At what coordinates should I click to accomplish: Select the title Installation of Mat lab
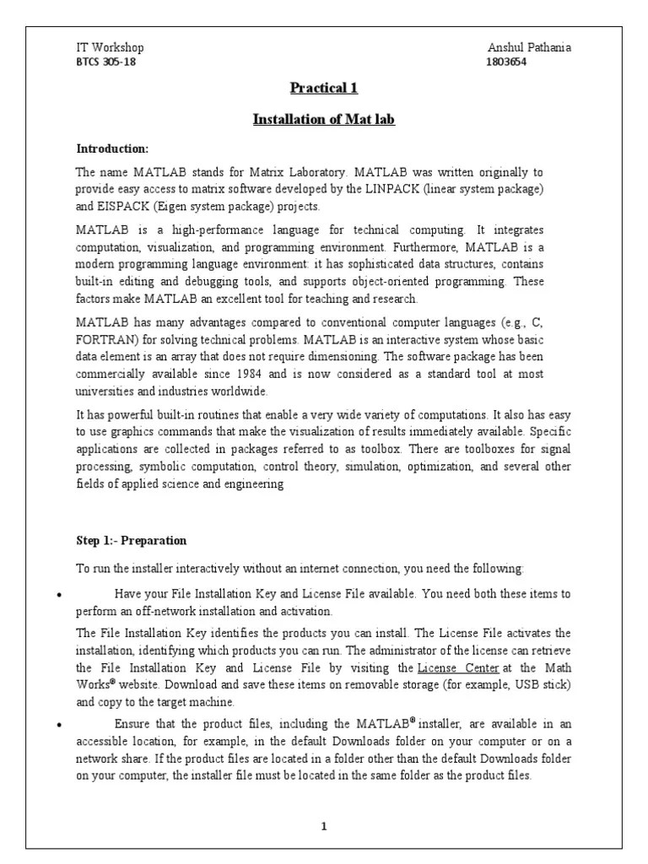[x=324, y=120]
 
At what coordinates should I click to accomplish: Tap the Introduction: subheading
[x=112, y=149]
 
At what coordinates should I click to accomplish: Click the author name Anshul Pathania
[x=529, y=48]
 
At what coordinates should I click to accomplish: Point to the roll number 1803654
[x=507, y=62]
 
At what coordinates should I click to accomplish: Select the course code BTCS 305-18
[x=105, y=62]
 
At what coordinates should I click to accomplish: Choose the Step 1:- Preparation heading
[x=132, y=540]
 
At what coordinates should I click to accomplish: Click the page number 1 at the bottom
[x=323, y=825]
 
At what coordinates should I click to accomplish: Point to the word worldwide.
[x=240, y=391]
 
